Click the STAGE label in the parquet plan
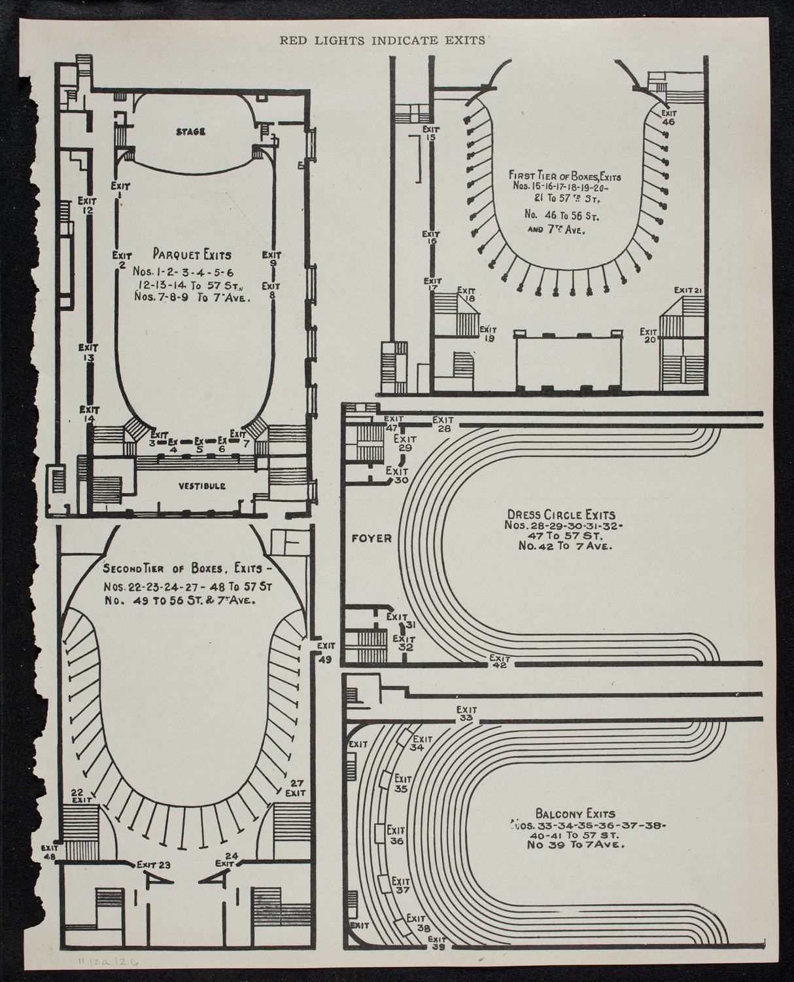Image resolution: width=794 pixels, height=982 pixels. coord(190,132)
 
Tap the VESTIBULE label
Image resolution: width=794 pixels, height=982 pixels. coord(201,486)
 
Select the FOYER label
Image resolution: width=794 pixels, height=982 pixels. coord(370,538)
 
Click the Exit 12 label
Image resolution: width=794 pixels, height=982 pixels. coord(86,205)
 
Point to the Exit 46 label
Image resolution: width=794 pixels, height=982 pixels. coord(668,117)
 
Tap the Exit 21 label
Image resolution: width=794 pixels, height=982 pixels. coord(688,290)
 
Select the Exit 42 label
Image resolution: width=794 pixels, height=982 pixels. coord(500,662)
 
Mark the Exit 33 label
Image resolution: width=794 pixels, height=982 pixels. coord(466,713)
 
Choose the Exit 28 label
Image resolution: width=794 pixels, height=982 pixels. coord(443,424)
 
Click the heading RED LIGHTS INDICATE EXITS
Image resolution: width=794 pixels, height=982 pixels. coord(382,40)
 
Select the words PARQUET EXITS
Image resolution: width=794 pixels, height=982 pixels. coord(192,253)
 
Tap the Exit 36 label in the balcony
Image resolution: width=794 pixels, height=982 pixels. coord(396,833)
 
